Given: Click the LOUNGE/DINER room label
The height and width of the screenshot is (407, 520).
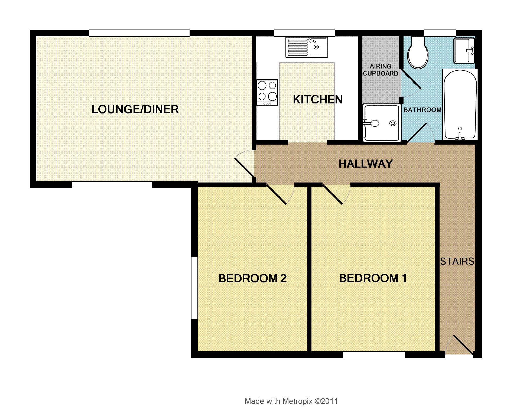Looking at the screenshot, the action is pyautogui.click(x=135, y=109).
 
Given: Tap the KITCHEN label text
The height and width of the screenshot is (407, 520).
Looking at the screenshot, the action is pyautogui.click(x=318, y=100).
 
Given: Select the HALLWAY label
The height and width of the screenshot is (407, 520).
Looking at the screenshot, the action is pyautogui.click(x=366, y=164).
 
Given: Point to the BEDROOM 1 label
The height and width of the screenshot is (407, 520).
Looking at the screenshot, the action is pyautogui.click(x=373, y=278).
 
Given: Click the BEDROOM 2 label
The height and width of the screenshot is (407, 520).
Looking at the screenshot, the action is pyautogui.click(x=252, y=278).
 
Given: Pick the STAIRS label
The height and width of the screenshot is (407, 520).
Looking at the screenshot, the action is pyautogui.click(x=457, y=261).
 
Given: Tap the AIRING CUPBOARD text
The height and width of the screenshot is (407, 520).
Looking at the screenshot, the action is pyautogui.click(x=381, y=70).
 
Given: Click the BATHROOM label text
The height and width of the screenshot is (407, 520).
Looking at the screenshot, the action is pyautogui.click(x=422, y=110).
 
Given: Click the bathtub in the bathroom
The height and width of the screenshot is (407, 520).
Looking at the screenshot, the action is pyautogui.click(x=460, y=105).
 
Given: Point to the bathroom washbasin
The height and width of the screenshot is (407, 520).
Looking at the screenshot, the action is pyautogui.click(x=464, y=51).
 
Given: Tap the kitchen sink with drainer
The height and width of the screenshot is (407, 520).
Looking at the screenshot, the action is pyautogui.click(x=307, y=47).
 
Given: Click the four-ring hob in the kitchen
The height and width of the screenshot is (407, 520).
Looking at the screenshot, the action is pyautogui.click(x=267, y=92).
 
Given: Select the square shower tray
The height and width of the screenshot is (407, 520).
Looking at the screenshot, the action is pyautogui.click(x=381, y=123).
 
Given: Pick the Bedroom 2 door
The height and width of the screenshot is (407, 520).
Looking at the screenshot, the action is pyautogui.click(x=280, y=194).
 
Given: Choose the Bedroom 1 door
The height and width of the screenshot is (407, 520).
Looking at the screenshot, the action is pyautogui.click(x=336, y=194).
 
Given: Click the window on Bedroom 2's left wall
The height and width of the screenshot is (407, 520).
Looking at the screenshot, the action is pyautogui.click(x=194, y=288).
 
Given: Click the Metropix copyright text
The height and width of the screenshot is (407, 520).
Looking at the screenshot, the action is pyautogui.click(x=291, y=401).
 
